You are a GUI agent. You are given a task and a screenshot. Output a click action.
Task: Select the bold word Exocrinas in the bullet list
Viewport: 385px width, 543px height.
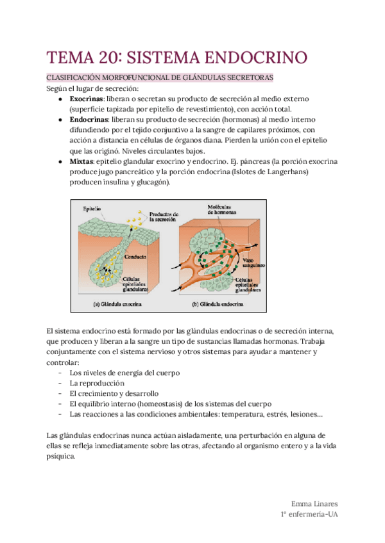88,99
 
